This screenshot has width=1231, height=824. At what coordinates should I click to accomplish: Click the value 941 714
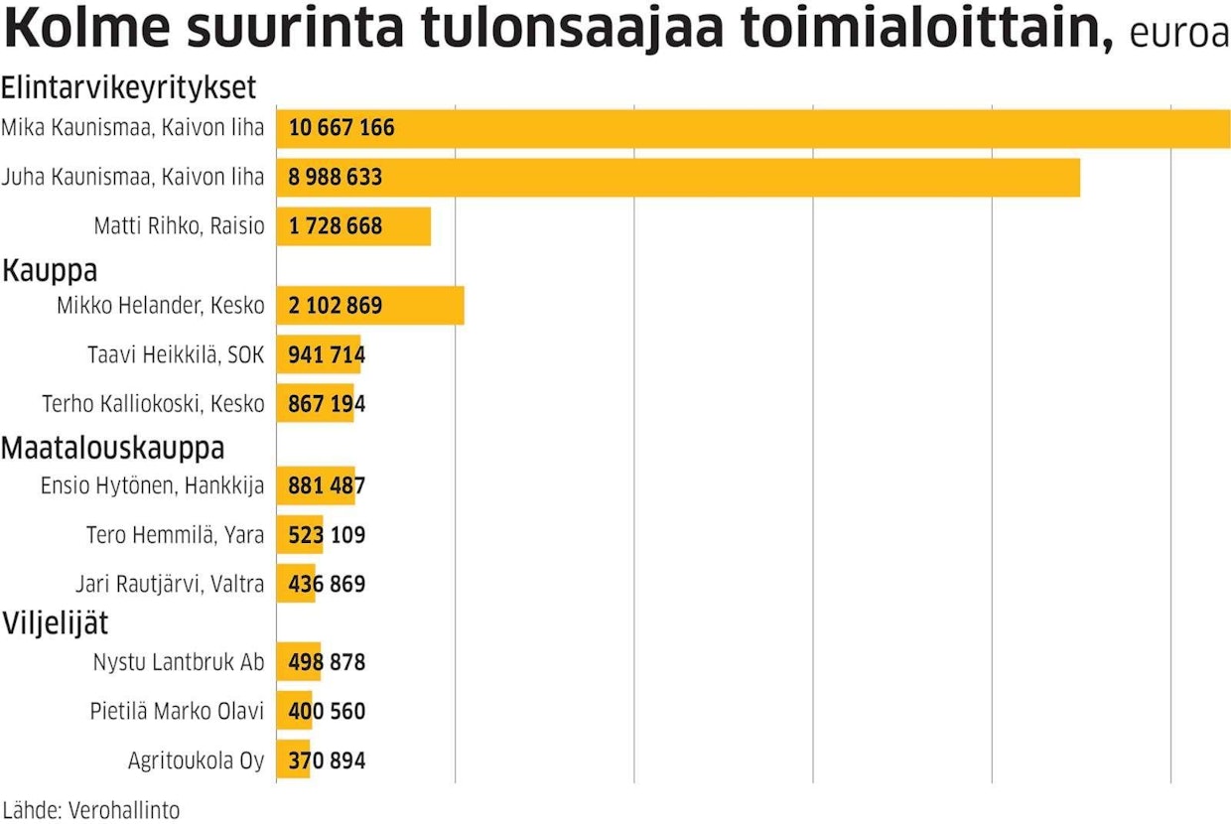[327, 354]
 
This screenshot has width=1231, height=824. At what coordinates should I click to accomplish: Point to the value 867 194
[327, 404]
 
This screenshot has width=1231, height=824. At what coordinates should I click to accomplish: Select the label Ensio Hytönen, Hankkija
[152, 485]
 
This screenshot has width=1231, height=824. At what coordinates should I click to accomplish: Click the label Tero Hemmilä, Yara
[175, 535]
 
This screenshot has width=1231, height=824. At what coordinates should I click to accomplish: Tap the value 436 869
[327, 584]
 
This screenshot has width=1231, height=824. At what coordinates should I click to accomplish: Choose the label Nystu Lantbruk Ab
[179, 662]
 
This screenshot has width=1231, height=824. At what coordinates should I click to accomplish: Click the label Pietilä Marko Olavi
[177, 712]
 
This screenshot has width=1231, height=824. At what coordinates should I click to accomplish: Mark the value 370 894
[327, 761]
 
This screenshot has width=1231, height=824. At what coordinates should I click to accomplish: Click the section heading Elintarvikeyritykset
[129, 88]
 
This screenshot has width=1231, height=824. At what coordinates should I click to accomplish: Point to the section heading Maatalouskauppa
[112, 448]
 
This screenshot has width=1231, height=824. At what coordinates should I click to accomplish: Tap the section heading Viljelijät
[56, 624]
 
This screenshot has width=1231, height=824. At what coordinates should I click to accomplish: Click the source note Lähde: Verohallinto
[91, 809]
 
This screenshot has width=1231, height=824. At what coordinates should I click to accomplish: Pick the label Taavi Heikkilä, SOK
[177, 354]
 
